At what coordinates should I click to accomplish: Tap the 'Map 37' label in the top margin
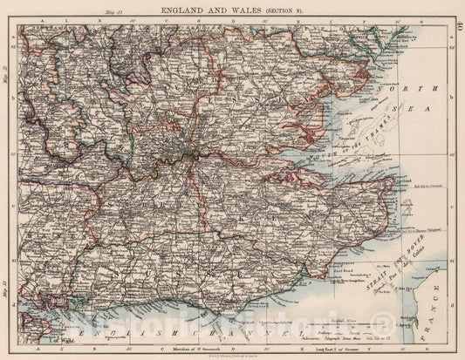tap(111, 11)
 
